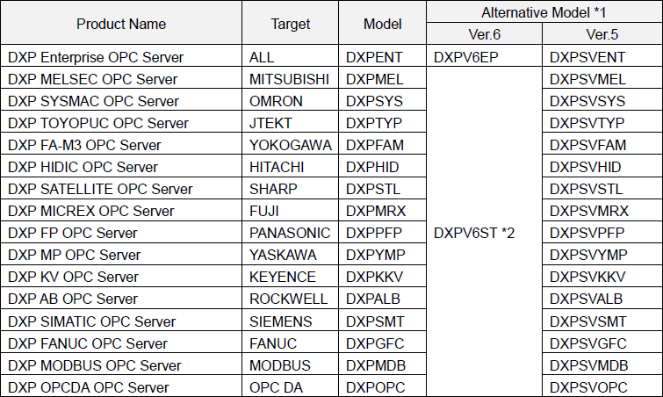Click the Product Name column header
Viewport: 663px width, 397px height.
[x=121, y=24]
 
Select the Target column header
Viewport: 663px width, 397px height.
[x=291, y=24]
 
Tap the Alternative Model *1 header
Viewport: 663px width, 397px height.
[x=544, y=12]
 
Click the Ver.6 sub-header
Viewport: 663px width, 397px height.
[x=484, y=34]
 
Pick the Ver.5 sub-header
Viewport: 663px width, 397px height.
[x=602, y=34]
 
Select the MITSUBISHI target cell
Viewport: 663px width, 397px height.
[x=290, y=79]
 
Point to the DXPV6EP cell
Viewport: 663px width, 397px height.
[x=466, y=57]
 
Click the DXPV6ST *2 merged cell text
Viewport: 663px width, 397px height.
[x=474, y=233]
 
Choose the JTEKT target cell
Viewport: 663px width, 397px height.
[x=270, y=123]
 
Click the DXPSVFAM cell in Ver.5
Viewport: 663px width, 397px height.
[x=588, y=145]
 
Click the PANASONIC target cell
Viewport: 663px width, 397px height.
[x=290, y=233]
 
